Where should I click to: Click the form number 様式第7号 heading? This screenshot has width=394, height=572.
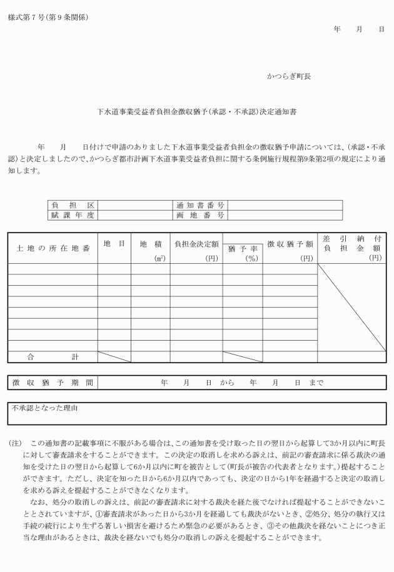point(48,17)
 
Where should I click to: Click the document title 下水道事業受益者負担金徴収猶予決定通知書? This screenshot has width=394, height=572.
point(196,113)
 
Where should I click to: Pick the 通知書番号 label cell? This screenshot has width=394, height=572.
point(200,205)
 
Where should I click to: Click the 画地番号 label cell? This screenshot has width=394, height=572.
point(200,215)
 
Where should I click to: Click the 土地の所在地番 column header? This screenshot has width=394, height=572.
point(53,248)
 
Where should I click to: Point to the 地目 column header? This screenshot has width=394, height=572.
point(114,243)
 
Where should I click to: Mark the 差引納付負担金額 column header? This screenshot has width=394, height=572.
point(351,248)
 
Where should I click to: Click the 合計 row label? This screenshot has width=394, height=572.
point(53,357)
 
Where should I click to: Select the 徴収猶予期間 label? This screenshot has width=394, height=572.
point(53,382)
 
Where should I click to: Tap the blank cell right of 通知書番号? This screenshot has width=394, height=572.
point(285,205)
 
